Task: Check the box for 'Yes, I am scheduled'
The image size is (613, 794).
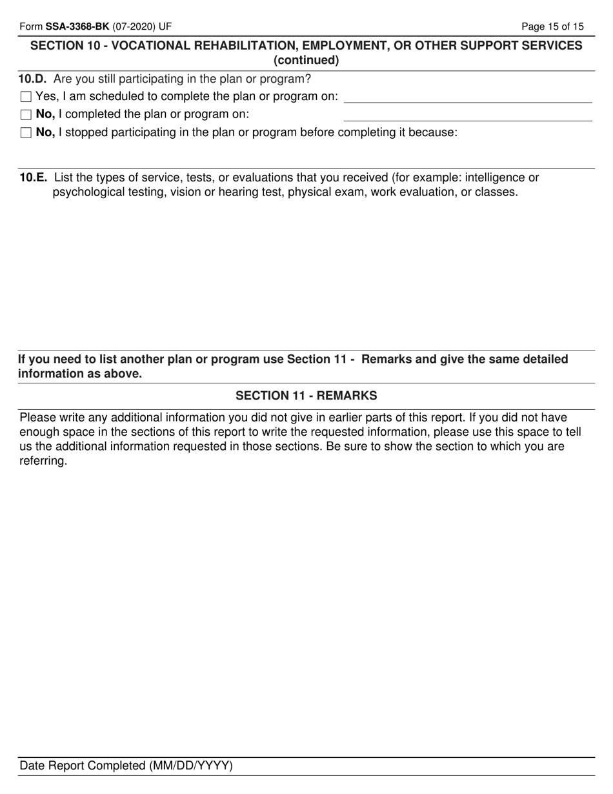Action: (26, 97)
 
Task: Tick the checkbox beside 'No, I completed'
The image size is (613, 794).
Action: (26, 115)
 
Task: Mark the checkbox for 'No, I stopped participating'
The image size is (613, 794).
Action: (26, 133)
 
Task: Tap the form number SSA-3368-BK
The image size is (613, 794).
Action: (77, 26)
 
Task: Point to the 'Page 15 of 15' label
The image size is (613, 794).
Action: (552, 26)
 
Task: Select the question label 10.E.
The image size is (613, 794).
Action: (33, 178)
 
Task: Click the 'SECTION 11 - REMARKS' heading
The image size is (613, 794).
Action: (306, 396)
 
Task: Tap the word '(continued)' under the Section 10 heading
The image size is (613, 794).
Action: (306, 61)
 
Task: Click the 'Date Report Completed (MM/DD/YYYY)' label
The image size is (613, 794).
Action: (126, 766)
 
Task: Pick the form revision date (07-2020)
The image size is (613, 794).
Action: (133, 26)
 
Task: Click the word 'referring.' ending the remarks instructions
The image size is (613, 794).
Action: (43, 462)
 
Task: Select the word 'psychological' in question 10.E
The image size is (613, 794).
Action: (89, 192)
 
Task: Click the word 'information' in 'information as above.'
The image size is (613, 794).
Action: (49, 374)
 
